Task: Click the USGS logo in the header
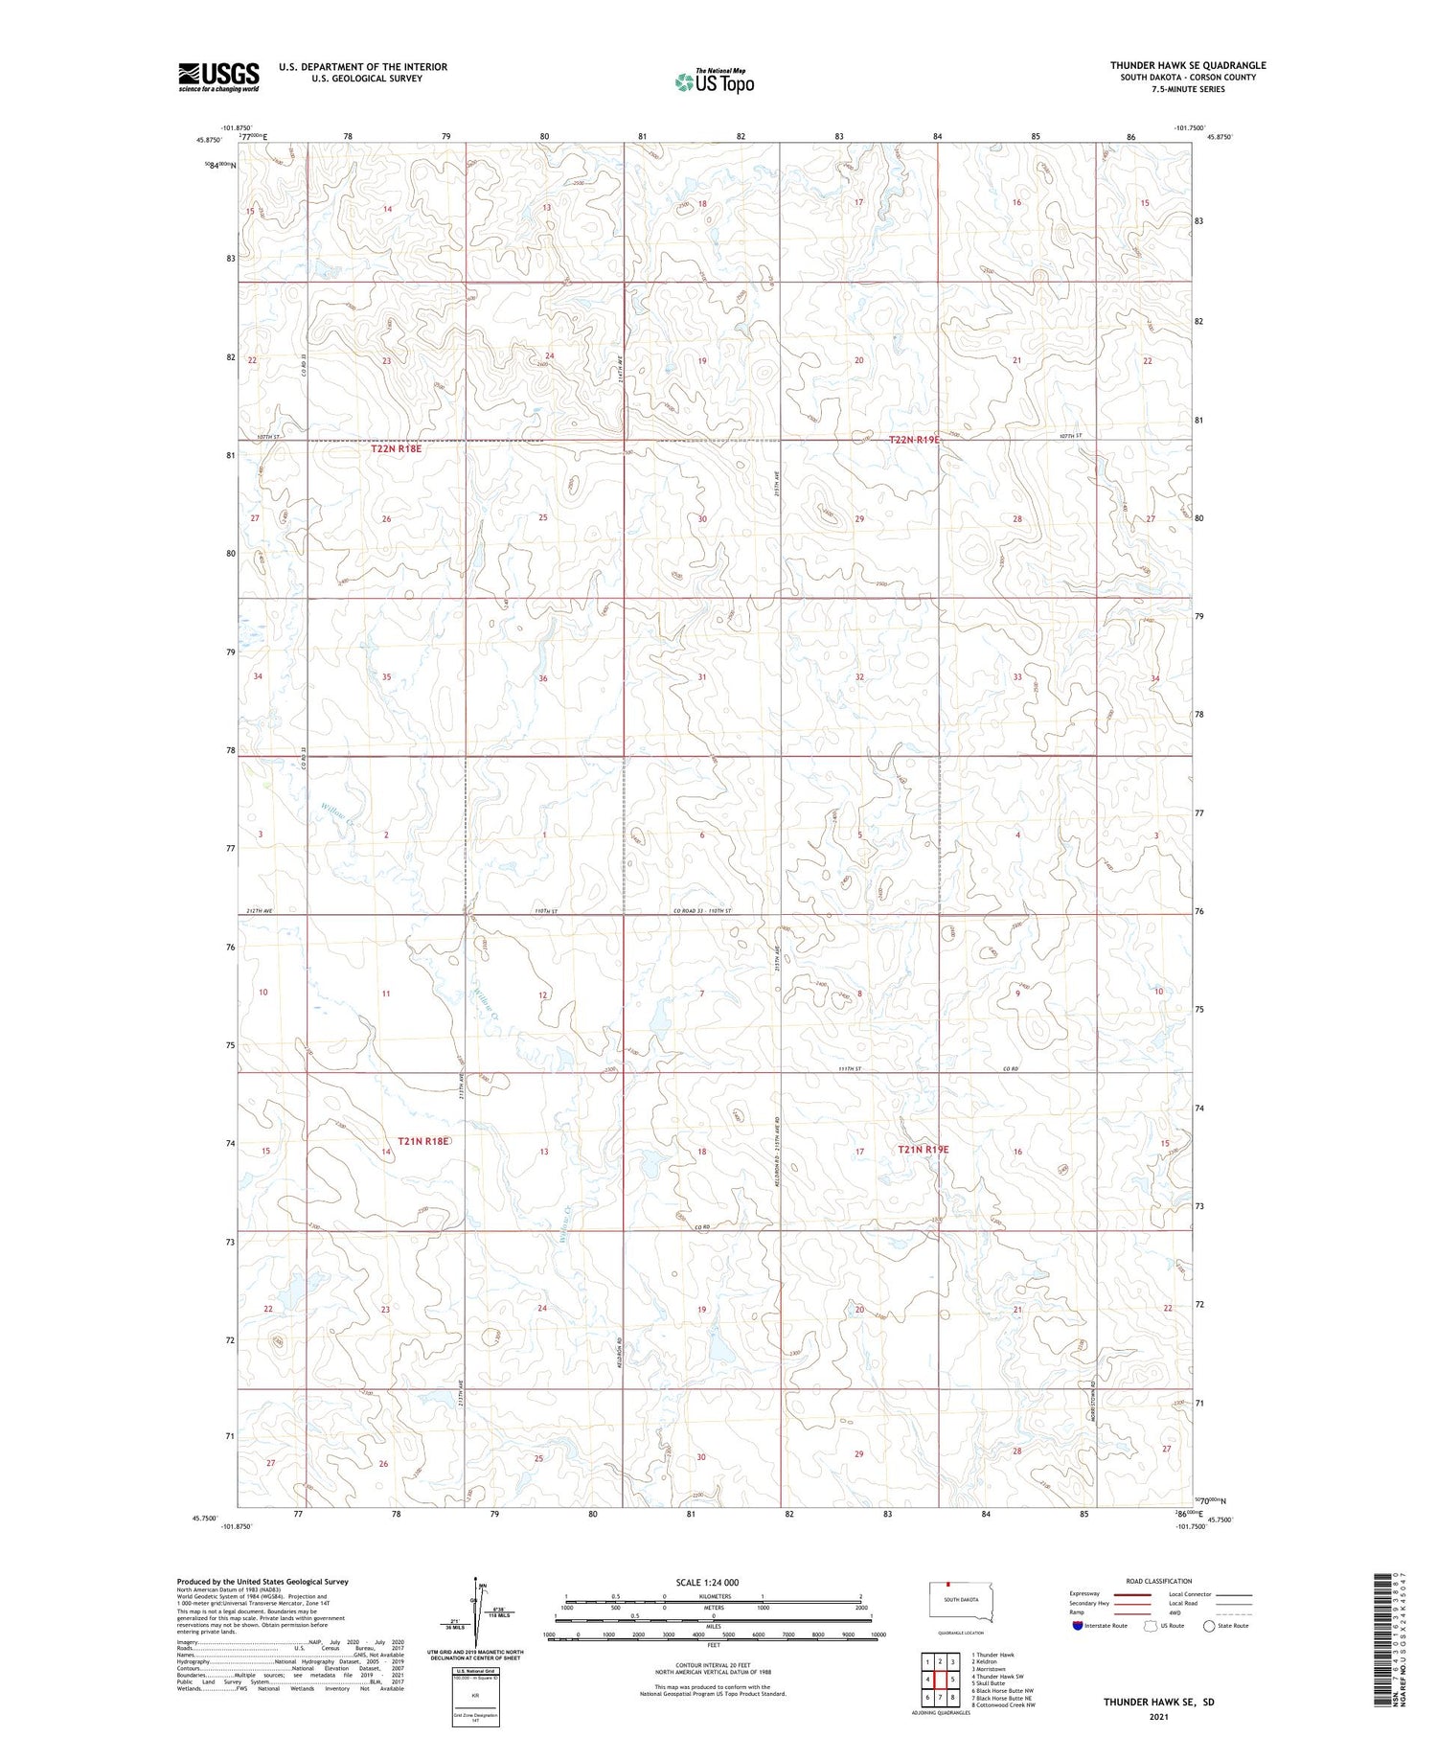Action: [x=218, y=77]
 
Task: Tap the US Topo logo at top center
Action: [x=715, y=81]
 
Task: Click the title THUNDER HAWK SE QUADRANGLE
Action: [x=1188, y=65]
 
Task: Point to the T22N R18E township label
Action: [x=397, y=447]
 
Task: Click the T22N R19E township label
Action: [x=914, y=440]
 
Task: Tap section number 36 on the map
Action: [x=543, y=678]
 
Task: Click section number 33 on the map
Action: [x=1017, y=677]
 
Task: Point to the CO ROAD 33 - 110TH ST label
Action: [x=702, y=910]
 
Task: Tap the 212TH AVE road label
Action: [x=260, y=910]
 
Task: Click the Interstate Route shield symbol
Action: [x=1078, y=1626]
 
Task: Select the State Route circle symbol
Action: [x=1209, y=1626]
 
